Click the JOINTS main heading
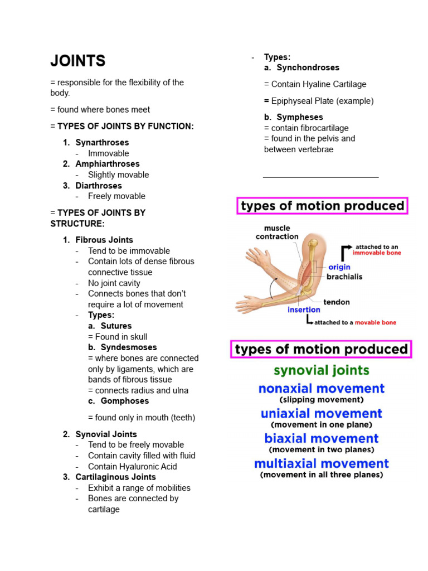point(77,61)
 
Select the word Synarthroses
point(102,142)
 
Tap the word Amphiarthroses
point(108,164)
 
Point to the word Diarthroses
point(99,186)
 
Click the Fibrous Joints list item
point(104,240)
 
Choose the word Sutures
point(116,326)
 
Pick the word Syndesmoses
point(129,347)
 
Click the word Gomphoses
point(125,401)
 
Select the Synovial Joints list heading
point(106,434)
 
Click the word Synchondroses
point(308,67)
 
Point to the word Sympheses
point(300,117)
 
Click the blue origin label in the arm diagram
point(339,267)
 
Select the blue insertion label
point(304,309)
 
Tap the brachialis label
point(344,277)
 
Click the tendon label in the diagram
point(337,302)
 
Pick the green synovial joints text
point(321,370)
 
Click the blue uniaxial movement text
point(321,414)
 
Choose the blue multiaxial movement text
point(321,463)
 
